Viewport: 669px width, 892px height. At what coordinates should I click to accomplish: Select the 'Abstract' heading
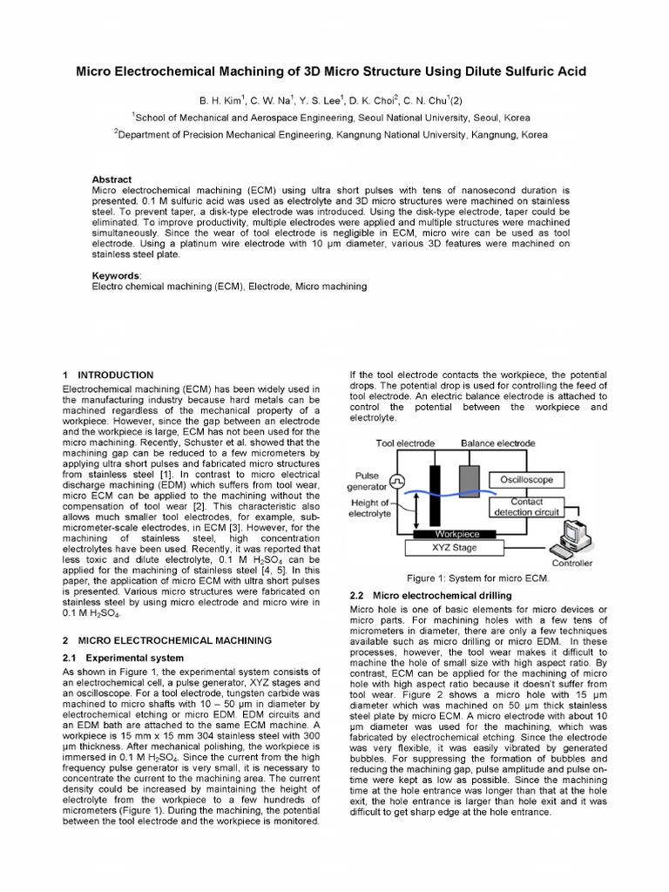(x=112, y=179)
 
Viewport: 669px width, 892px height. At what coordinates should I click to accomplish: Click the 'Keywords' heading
(x=117, y=274)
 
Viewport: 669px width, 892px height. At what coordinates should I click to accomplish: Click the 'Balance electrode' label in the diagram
(x=497, y=443)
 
